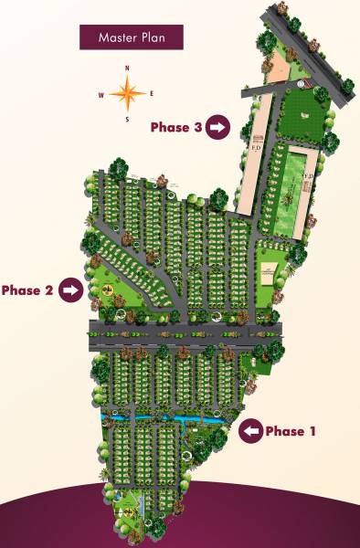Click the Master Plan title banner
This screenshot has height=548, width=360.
tap(130, 37)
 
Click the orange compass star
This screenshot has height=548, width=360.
tap(127, 92)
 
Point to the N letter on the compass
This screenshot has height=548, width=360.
tap(127, 69)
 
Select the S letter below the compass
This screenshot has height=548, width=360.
tap(127, 119)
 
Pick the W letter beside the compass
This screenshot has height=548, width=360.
tap(101, 93)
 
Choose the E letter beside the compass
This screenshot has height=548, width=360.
tap(152, 93)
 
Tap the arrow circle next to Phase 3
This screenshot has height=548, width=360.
tap(217, 128)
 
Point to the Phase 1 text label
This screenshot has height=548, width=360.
tap(290, 431)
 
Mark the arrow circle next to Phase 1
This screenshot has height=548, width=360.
tap(249, 431)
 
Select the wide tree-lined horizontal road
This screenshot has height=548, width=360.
tap(183, 335)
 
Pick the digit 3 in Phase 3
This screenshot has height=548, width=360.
tap(197, 128)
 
